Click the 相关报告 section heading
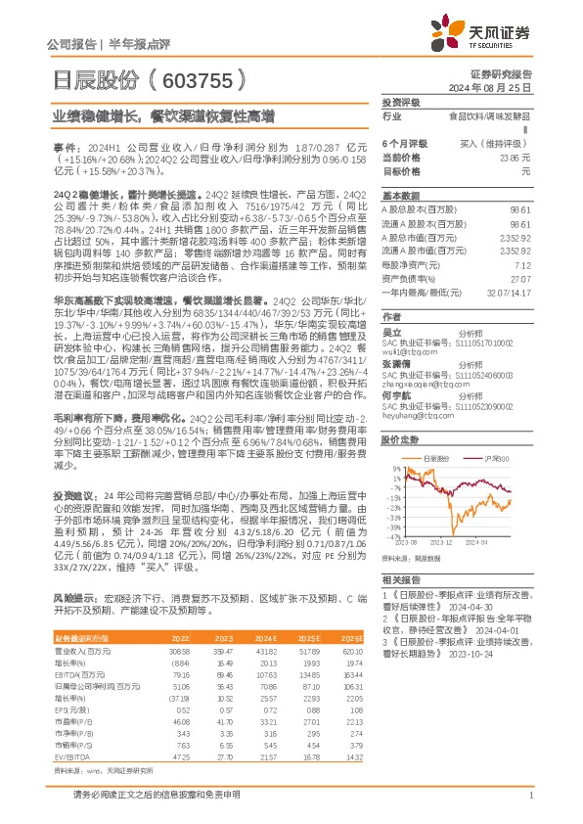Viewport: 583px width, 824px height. tap(400, 580)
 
